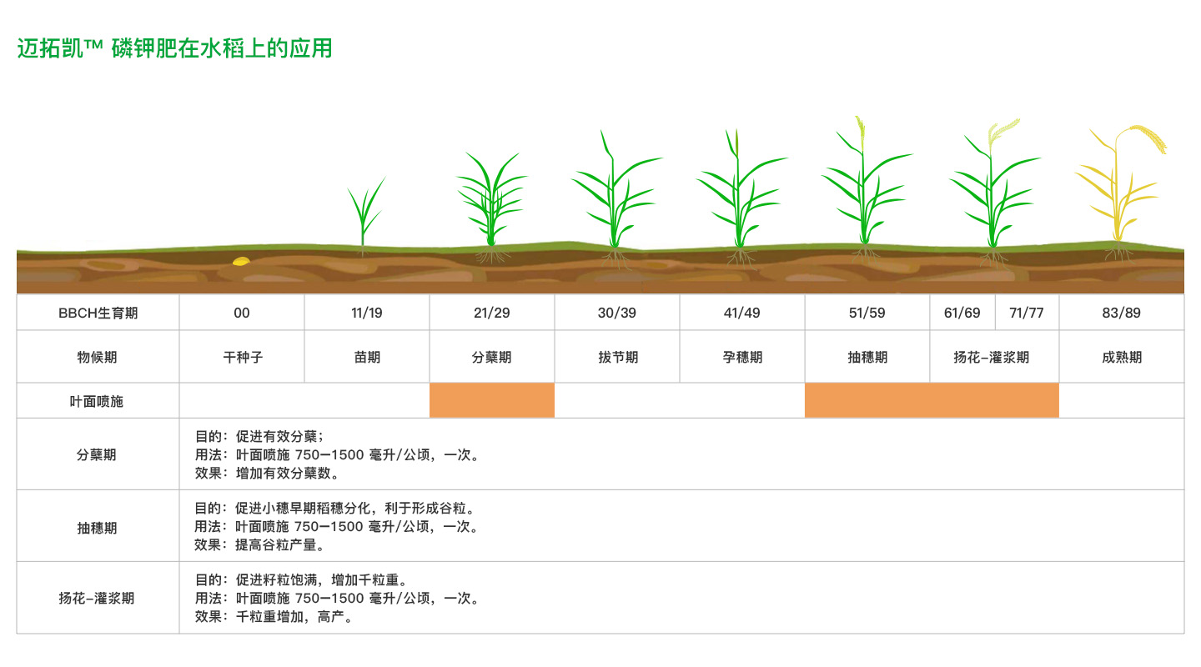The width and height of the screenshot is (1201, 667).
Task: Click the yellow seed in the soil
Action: pos(241,261)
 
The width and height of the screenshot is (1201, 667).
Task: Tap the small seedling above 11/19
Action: pos(364,214)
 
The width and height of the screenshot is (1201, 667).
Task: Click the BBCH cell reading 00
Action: pos(241,313)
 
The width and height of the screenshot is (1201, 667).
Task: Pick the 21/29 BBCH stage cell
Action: pos(492,313)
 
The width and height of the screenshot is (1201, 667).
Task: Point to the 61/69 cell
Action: pos(962,313)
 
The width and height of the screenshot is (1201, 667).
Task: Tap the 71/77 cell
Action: pos(1027,313)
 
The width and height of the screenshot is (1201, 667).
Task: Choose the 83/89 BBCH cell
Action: pos(1121,313)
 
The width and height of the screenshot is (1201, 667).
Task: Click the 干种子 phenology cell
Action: pos(243,357)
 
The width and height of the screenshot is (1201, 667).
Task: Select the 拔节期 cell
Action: pos(617,357)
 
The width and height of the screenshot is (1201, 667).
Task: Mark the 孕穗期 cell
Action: pos(742,357)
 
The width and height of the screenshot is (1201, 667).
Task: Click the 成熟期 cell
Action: pos(1121,357)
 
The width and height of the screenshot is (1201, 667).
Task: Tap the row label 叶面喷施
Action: pos(97,401)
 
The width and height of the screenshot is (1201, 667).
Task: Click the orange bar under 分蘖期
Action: pos(492,400)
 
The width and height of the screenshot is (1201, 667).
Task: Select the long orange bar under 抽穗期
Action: pos(932,400)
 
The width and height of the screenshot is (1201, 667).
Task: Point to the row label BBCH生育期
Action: pos(98,313)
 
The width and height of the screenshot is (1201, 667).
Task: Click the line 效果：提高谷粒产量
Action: pos(259,544)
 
